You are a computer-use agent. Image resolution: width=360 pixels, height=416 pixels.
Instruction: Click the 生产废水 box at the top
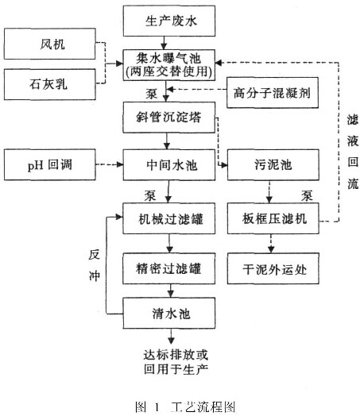pos(169,21)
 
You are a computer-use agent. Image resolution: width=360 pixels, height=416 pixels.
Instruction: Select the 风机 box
pos(49,44)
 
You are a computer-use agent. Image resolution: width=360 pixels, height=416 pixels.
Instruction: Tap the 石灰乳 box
pos(49,84)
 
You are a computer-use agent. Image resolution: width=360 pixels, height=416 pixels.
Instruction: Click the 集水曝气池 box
pos(169,65)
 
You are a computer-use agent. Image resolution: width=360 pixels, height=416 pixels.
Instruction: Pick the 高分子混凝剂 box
pos(273,93)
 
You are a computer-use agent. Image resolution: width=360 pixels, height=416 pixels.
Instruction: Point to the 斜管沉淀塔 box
pos(168,117)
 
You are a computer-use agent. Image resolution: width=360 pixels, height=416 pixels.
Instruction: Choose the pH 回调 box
pos(49,164)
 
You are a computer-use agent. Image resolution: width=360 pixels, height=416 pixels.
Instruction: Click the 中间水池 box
pos(169,165)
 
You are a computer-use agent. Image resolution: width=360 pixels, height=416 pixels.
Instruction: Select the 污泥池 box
pos(273,165)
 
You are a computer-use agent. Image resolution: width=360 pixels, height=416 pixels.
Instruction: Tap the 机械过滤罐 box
pos(168,218)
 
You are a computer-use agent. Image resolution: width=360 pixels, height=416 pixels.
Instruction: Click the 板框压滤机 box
pos(273,218)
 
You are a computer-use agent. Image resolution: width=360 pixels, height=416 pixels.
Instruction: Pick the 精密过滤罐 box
pos(168,268)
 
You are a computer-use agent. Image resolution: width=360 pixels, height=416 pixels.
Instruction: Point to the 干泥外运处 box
pos(273,268)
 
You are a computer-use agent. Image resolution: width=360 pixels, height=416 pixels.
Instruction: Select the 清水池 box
pos(168,313)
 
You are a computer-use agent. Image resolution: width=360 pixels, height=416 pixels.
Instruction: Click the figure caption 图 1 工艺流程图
pos(185,406)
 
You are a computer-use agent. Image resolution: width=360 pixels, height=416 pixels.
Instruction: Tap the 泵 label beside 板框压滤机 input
pos(307,196)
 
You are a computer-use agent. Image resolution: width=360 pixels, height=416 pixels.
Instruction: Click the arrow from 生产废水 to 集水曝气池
pos(164,43)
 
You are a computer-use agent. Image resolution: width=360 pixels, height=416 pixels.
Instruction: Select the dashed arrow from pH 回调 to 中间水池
pos(110,164)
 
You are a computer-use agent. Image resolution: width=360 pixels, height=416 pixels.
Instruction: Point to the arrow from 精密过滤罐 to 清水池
pos(171,291)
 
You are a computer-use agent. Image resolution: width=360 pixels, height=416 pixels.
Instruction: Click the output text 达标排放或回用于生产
pos(176,362)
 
